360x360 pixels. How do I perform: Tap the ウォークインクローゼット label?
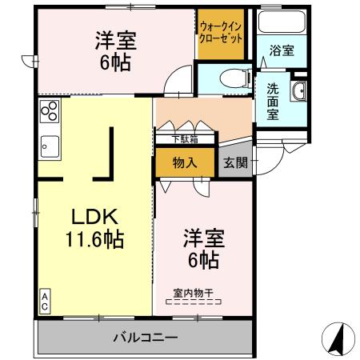click(x=220, y=32)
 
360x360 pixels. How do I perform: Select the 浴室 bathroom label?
click(x=282, y=50)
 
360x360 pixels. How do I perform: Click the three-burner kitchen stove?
click(x=49, y=111)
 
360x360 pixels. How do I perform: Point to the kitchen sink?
click(x=48, y=147)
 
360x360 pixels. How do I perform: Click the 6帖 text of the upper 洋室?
click(x=115, y=63)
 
